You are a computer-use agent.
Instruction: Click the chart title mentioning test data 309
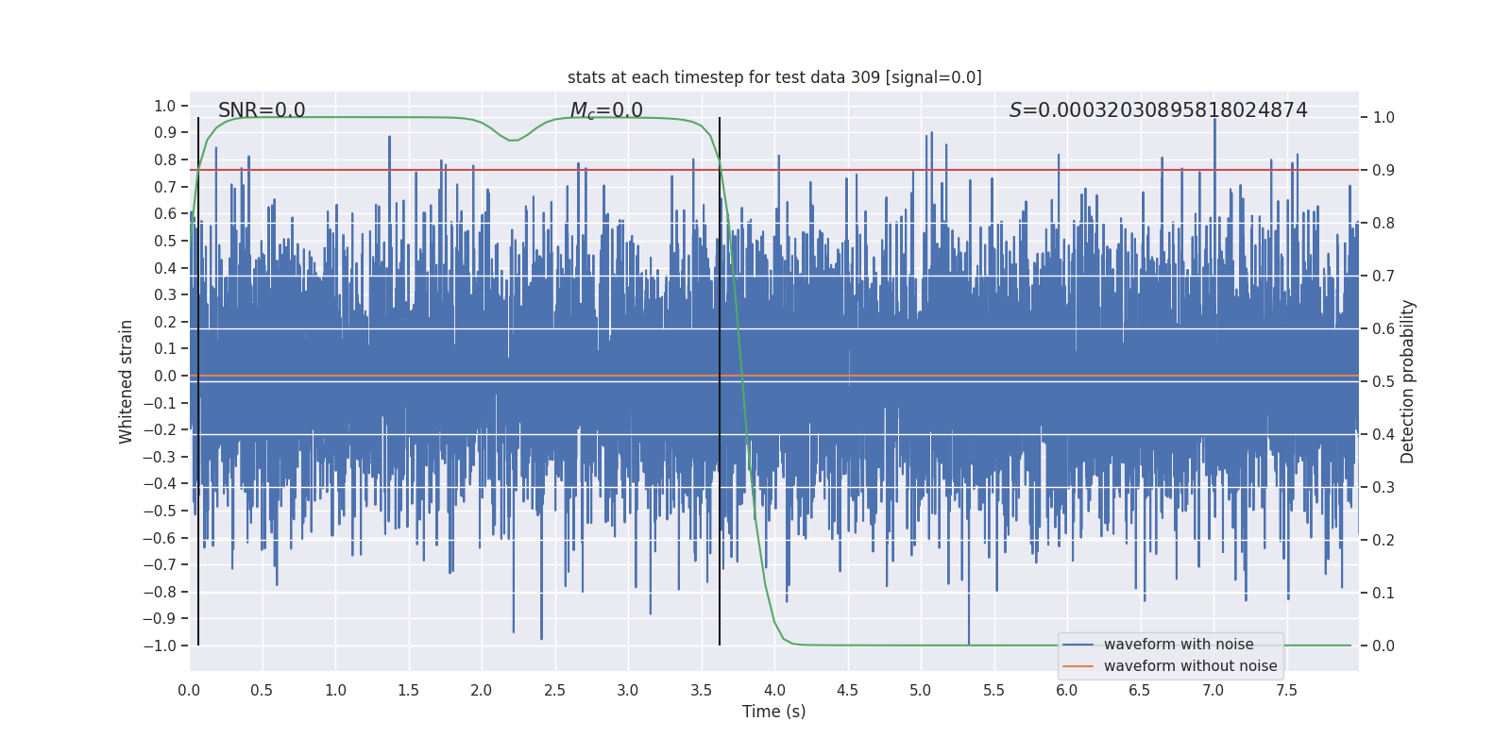pos(774,77)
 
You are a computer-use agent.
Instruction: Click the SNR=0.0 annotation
pos(262,110)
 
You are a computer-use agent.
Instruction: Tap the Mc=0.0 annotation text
pos(606,110)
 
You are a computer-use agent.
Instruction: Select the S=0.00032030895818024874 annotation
pos(1158,110)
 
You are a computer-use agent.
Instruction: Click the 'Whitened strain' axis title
pos(127,381)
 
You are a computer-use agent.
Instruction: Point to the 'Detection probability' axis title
pos(1408,381)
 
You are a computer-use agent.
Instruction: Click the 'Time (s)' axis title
pos(773,712)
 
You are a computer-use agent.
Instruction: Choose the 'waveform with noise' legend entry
pos(1178,645)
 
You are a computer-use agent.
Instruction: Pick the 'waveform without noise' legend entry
pos(1190,666)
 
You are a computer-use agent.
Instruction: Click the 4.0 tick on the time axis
pos(774,691)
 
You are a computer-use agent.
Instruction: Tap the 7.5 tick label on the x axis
pos(1286,691)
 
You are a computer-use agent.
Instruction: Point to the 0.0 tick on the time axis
pos(189,691)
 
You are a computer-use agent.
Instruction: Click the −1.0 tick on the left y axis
pos(160,646)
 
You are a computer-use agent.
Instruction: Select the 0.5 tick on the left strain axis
pos(165,241)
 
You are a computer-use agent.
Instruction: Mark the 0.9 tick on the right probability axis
pos(1383,171)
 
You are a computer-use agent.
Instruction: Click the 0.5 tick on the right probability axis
pos(1383,382)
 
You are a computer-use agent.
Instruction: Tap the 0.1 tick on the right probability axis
pos(1383,594)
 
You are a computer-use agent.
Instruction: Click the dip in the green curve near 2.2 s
pos(513,141)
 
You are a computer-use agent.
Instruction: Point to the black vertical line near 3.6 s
pos(720,377)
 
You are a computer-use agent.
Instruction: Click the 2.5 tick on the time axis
pos(554,691)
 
